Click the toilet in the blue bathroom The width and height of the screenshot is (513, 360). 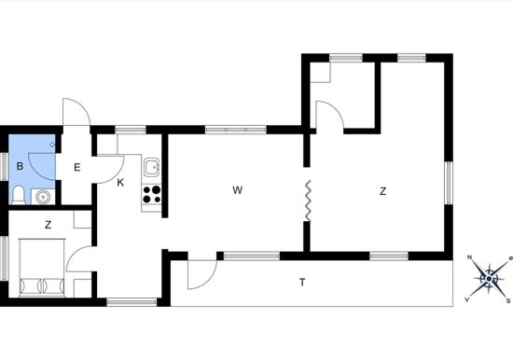(19, 195)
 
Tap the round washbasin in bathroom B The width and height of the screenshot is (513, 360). (43, 197)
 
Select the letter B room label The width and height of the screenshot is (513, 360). (20, 166)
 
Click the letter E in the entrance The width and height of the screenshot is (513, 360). (77, 168)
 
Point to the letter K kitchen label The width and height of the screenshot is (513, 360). (120, 183)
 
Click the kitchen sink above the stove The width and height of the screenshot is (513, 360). (152, 168)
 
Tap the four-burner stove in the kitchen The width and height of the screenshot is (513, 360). (152, 194)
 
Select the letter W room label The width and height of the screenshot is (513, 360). (238, 190)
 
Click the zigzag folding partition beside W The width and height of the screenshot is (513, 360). (308, 201)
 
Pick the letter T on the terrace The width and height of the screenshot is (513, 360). (302, 282)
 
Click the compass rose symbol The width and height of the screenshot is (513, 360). (489, 279)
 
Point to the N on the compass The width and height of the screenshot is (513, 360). (469, 257)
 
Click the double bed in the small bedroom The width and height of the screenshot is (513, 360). (42, 268)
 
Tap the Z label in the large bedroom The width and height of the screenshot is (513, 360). (382, 191)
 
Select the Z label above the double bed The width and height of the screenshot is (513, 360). (49, 225)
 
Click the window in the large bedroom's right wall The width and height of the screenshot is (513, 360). (449, 183)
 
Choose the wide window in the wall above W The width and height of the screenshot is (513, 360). (236, 130)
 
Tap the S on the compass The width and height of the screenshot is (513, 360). (508, 301)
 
